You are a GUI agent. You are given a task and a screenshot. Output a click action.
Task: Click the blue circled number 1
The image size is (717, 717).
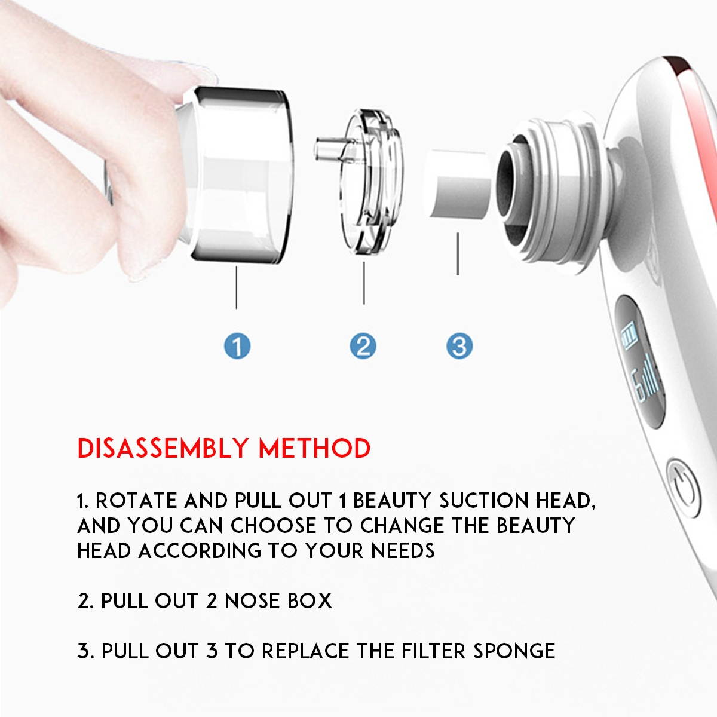pyautogui.click(x=237, y=346)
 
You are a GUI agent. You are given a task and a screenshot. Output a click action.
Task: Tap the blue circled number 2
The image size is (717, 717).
pyautogui.click(x=363, y=346)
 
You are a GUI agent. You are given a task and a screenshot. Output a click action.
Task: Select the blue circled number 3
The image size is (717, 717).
pyautogui.click(x=459, y=346)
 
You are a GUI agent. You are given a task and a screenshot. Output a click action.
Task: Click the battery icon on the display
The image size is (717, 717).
pyautogui.click(x=629, y=339)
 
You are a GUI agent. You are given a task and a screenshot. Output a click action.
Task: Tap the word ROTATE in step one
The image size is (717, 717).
pyautogui.click(x=136, y=501)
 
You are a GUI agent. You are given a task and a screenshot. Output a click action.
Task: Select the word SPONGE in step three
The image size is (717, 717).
pyautogui.click(x=514, y=651)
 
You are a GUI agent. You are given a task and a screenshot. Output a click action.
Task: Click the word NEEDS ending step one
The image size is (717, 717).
pyautogui.click(x=403, y=550)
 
